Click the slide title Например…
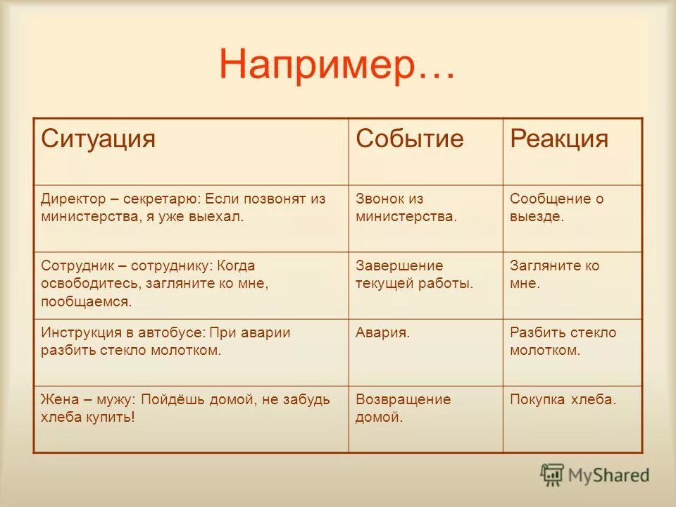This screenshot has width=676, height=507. (337, 66)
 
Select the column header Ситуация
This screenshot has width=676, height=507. (98, 139)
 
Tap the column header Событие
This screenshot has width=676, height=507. (410, 139)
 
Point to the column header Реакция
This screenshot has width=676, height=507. (558, 139)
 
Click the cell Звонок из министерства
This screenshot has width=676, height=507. (406, 208)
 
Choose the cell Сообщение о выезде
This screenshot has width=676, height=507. (556, 208)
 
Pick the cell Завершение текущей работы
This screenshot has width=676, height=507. (413, 275)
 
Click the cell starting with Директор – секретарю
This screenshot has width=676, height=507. (183, 208)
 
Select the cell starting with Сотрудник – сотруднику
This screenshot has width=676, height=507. (155, 284)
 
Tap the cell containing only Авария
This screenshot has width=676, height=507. (383, 332)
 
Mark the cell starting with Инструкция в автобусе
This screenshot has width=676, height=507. (165, 341)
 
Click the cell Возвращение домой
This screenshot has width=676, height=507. (403, 408)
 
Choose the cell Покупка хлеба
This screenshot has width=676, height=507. (563, 399)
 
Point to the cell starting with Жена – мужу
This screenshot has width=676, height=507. (184, 408)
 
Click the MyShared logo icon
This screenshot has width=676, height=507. (553, 475)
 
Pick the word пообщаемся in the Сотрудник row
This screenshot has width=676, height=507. (86, 301)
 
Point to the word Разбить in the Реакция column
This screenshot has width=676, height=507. (537, 332)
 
